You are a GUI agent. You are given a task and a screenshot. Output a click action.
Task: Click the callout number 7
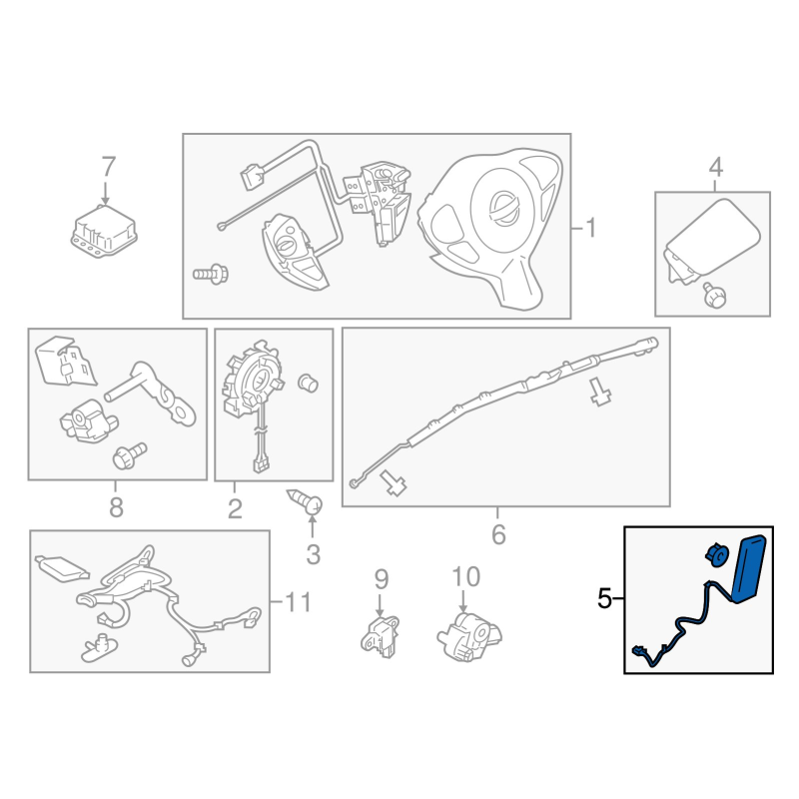click(x=109, y=167)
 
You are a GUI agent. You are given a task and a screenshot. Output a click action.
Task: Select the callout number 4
click(x=715, y=167)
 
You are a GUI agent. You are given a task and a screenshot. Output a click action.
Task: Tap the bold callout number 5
click(x=604, y=598)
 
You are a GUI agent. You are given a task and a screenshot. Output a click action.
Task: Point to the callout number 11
click(x=298, y=602)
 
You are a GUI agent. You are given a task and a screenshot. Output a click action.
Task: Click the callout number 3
click(x=313, y=554)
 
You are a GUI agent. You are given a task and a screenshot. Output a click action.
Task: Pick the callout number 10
click(x=465, y=577)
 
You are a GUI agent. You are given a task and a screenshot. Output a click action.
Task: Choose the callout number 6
click(x=498, y=534)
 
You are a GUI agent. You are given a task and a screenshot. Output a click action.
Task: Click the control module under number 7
click(x=105, y=232)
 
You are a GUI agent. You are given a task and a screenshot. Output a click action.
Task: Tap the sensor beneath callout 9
click(x=381, y=636)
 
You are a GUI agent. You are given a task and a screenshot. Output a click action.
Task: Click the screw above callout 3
click(x=305, y=501)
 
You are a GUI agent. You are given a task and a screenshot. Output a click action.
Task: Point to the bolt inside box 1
click(x=211, y=274)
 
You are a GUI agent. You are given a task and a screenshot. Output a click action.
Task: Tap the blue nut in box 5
click(x=717, y=554)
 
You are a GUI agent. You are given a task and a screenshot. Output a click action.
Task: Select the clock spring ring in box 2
click(x=252, y=379)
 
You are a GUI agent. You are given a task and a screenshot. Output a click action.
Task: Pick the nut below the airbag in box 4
click(x=714, y=295)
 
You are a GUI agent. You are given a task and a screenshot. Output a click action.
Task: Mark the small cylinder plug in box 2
click(x=308, y=383)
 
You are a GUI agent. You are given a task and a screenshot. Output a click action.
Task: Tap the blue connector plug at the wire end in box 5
click(x=639, y=651)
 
